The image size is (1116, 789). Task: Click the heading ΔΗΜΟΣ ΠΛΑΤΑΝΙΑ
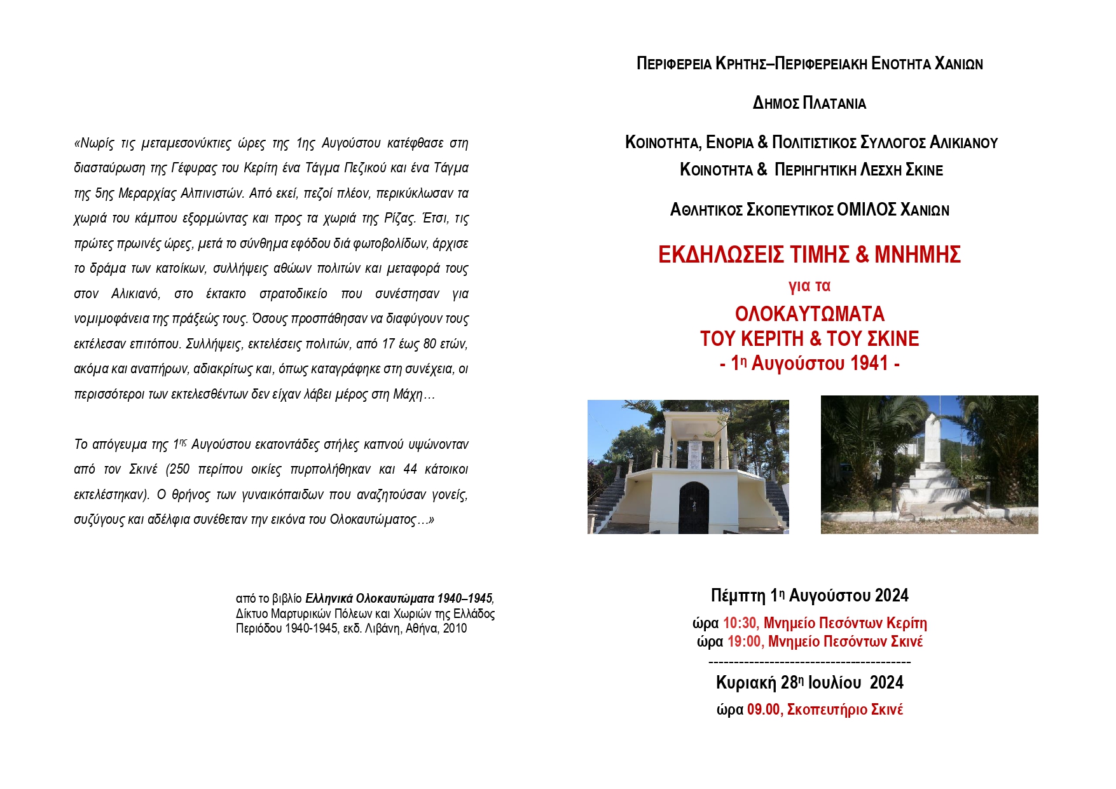point(809,103)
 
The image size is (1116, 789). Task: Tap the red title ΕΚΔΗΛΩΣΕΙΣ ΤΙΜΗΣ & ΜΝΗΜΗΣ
point(809,254)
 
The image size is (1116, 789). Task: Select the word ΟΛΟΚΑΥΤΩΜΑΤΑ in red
point(809,314)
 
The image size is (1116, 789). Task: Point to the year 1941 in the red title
point(869,363)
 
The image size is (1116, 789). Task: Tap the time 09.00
point(763,710)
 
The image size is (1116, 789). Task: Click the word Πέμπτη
point(738,596)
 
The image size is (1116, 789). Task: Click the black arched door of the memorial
point(694,507)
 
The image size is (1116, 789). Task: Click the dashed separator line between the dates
point(809,662)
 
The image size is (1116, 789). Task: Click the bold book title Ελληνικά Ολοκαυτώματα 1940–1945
point(399,598)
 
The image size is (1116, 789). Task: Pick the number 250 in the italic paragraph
point(179,469)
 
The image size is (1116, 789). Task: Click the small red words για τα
point(809,286)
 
